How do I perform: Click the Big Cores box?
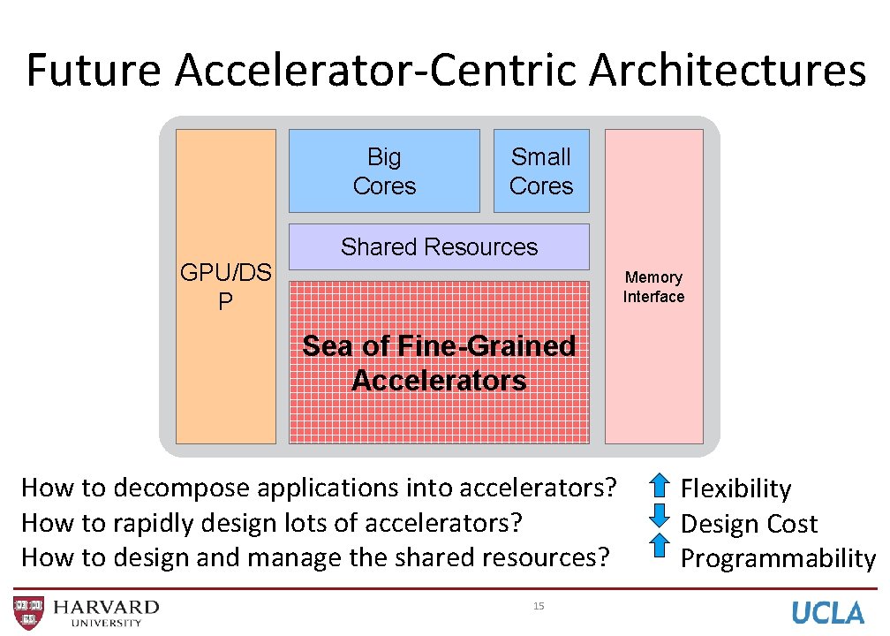click(384, 171)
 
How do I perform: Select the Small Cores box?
click(541, 171)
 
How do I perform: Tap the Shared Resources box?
click(439, 246)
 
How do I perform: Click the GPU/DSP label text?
click(225, 286)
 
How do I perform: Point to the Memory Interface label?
click(653, 287)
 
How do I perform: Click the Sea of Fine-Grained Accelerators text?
click(439, 363)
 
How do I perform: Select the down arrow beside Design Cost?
click(660, 516)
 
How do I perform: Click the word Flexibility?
click(735, 488)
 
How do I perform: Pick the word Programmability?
click(778, 559)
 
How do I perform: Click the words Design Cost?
click(749, 524)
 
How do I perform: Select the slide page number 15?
click(539, 606)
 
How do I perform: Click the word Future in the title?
click(94, 71)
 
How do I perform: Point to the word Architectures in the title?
click(728, 71)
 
